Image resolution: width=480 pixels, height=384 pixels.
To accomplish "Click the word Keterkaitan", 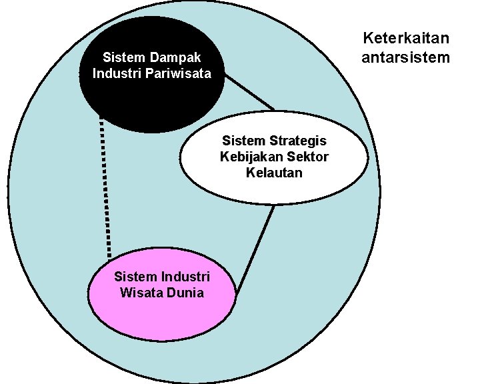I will click(x=405, y=38).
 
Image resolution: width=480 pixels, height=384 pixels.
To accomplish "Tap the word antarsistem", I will click(x=405, y=57).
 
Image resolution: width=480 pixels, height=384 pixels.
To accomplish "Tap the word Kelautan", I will click(x=273, y=173).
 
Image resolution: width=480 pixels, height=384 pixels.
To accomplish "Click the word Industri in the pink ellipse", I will click(x=186, y=276).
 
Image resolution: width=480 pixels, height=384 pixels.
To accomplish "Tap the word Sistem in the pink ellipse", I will click(x=135, y=276).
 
